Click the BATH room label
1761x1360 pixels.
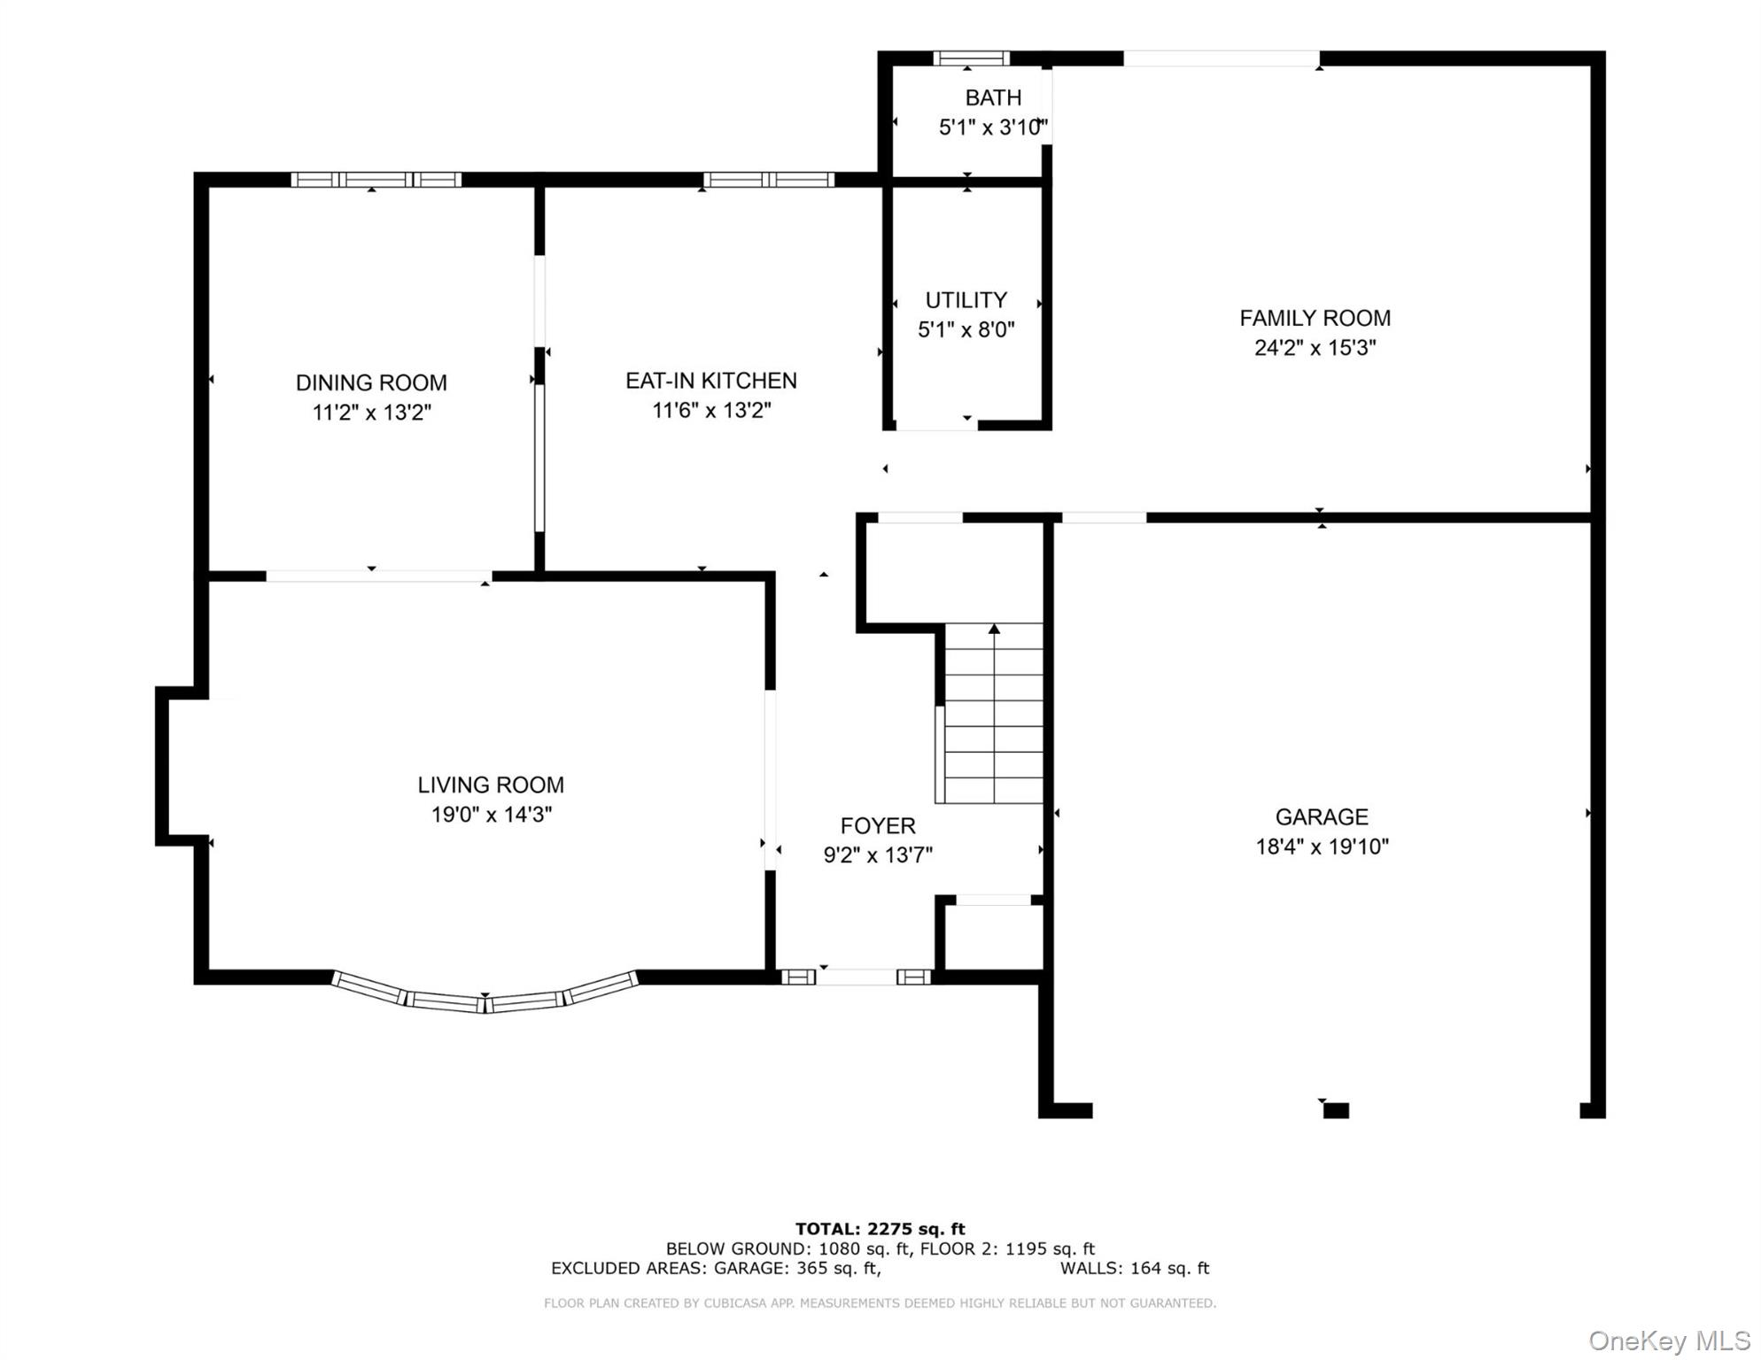click(993, 97)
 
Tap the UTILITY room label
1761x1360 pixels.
click(966, 300)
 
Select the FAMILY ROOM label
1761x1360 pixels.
click(1315, 318)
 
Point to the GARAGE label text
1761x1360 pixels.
click(1322, 817)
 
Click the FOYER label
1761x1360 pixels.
click(878, 826)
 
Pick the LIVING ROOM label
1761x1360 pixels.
click(491, 785)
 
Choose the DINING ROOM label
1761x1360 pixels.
click(371, 383)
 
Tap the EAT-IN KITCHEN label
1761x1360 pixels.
click(711, 381)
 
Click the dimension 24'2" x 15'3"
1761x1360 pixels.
click(1315, 348)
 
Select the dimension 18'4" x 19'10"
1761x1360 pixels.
click(1322, 847)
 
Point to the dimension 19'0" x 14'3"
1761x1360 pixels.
click(492, 815)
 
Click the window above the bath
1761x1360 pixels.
click(971, 58)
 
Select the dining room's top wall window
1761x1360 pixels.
click(376, 180)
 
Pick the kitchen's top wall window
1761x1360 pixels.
click(769, 180)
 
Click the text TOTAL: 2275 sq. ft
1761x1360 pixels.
click(880, 1229)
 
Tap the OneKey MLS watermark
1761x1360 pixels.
click(1669, 1341)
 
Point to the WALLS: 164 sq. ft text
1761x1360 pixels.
click(1134, 1268)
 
